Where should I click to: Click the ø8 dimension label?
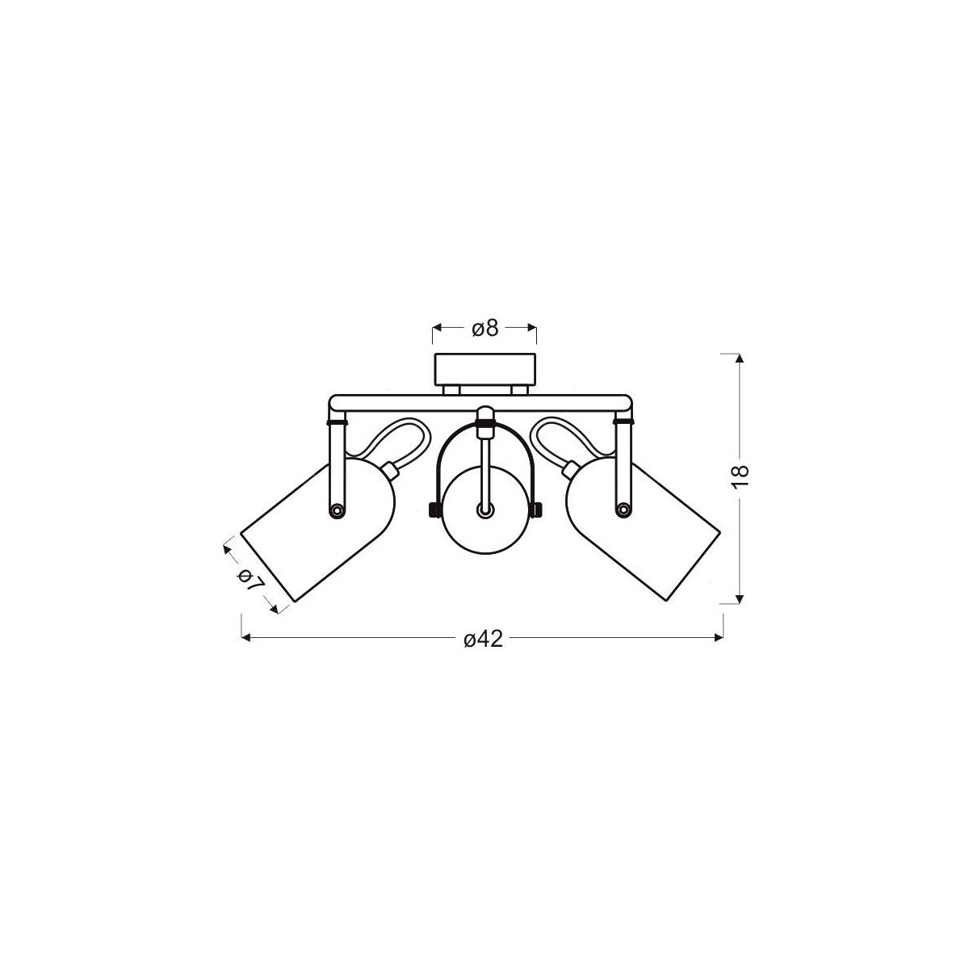484,328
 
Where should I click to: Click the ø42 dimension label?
484,639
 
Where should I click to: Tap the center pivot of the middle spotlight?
484,510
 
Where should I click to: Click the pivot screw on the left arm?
336,509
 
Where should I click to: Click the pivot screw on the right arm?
623,509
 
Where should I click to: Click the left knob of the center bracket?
431,510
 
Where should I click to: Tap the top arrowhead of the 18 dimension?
737,358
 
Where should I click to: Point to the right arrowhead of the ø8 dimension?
532,328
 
